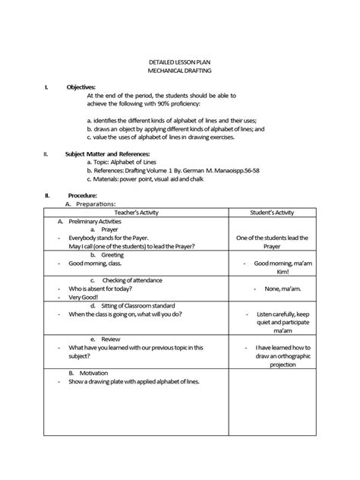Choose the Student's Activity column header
[x=271, y=213]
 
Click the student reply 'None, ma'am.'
[x=273, y=289]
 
